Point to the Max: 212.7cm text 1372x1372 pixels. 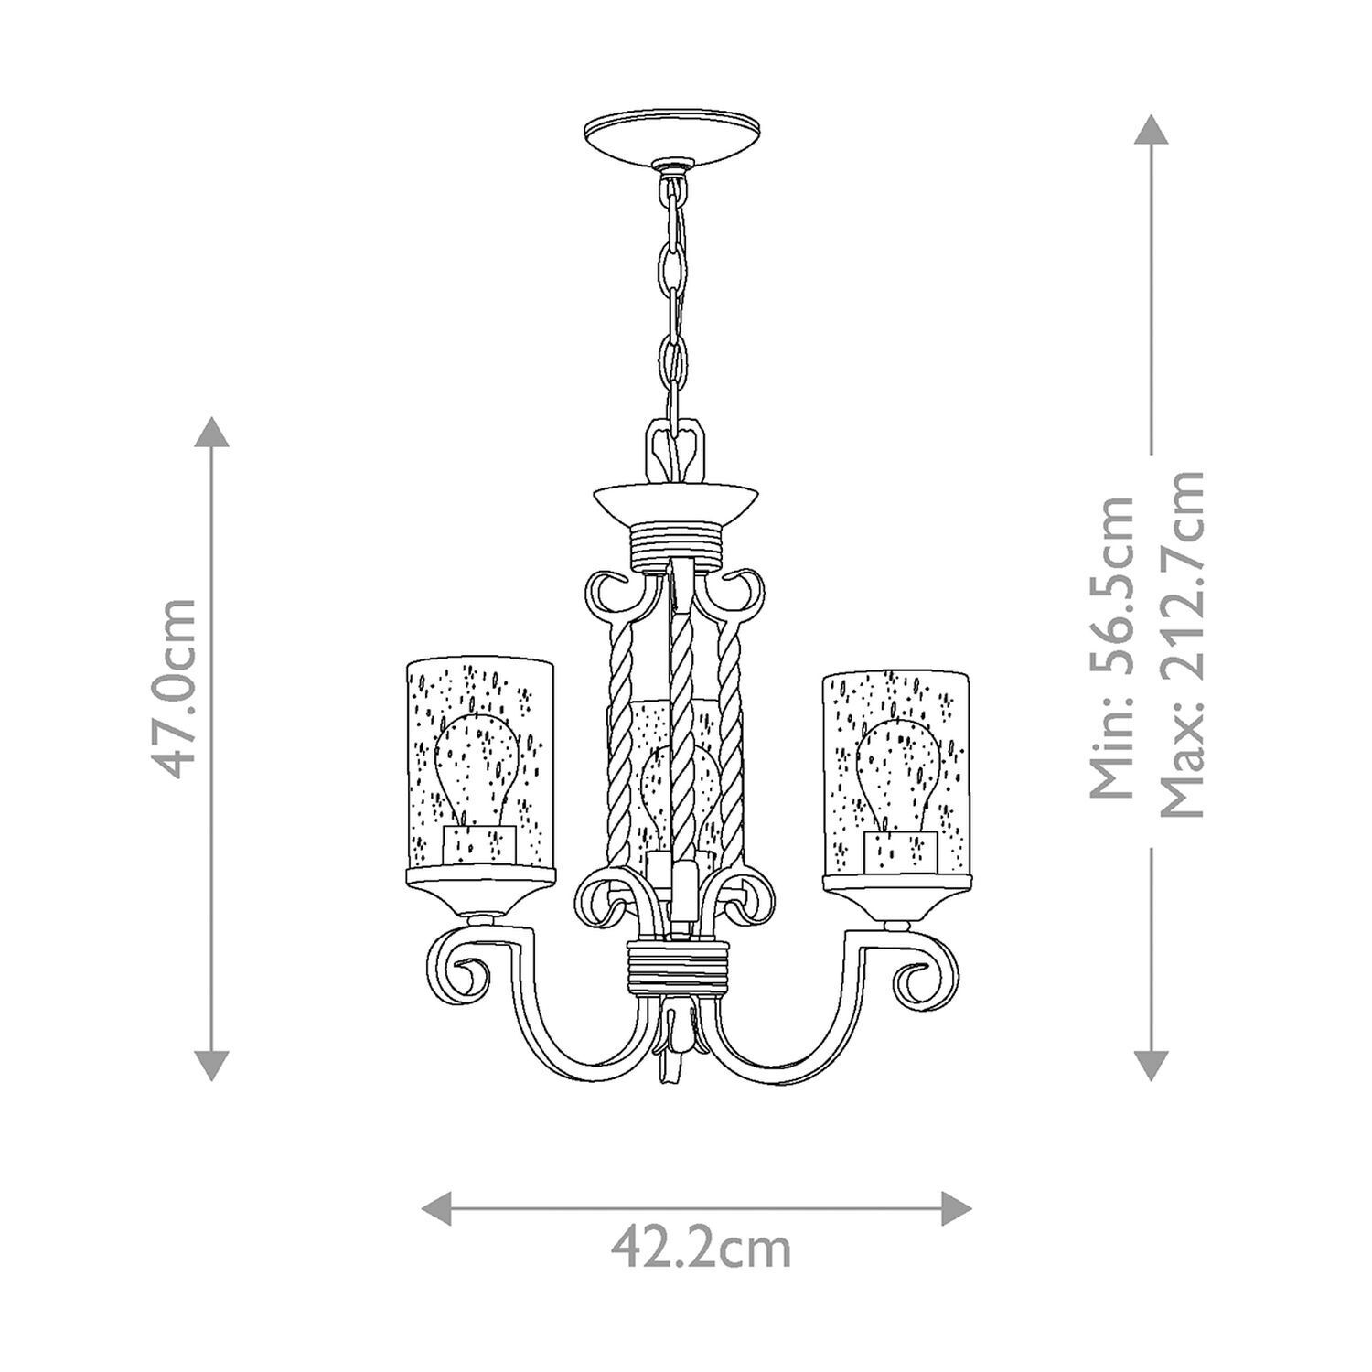(x=1182, y=646)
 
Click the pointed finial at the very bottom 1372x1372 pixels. (x=674, y=1066)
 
